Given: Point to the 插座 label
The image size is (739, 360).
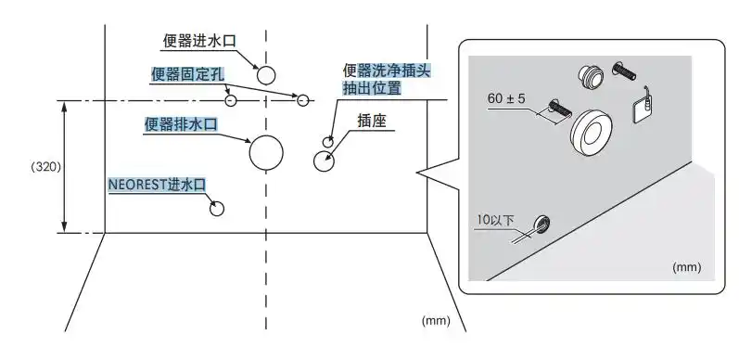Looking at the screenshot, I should (370, 121).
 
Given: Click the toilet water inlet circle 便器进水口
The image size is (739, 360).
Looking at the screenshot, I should (266, 75).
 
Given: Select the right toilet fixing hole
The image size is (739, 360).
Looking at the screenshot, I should (302, 100).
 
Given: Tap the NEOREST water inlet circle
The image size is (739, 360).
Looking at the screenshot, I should (217, 208).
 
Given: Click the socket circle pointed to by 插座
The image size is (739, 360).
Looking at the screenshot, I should (325, 161).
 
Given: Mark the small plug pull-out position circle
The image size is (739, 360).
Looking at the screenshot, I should (328, 141).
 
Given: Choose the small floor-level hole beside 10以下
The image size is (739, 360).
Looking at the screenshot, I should (541, 223).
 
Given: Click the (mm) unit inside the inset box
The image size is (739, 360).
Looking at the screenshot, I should (687, 266).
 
